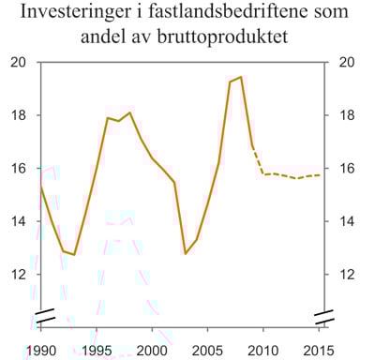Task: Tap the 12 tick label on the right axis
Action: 342,275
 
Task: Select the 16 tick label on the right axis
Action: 342,169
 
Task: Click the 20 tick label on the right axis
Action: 342,63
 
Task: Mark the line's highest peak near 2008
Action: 241,77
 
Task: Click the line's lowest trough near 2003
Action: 186,253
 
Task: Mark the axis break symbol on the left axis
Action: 41,312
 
